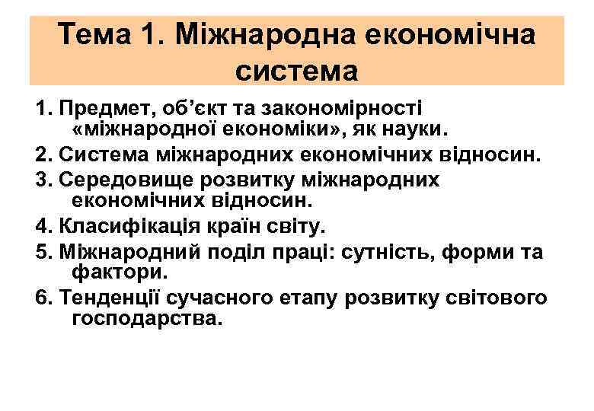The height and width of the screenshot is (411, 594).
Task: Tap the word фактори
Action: [115, 272]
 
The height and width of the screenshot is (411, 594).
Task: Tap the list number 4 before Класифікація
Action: [41, 227]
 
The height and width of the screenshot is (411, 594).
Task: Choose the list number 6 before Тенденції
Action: [41, 297]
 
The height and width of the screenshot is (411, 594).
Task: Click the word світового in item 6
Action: [499, 297]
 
